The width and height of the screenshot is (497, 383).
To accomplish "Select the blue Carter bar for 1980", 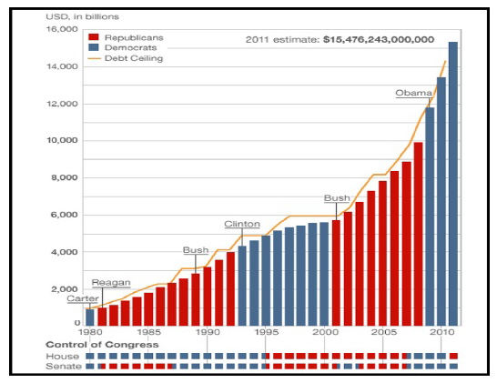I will (x=90, y=317).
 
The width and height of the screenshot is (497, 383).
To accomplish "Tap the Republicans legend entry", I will (x=127, y=37).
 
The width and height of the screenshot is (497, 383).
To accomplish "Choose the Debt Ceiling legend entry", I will (x=127, y=58).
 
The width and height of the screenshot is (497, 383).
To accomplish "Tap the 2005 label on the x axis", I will (x=383, y=333).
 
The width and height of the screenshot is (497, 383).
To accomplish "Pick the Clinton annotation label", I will (x=243, y=224).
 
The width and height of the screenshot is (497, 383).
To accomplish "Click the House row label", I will (x=60, y=356).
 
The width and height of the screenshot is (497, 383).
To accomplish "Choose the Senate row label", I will (x=62, y=366).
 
